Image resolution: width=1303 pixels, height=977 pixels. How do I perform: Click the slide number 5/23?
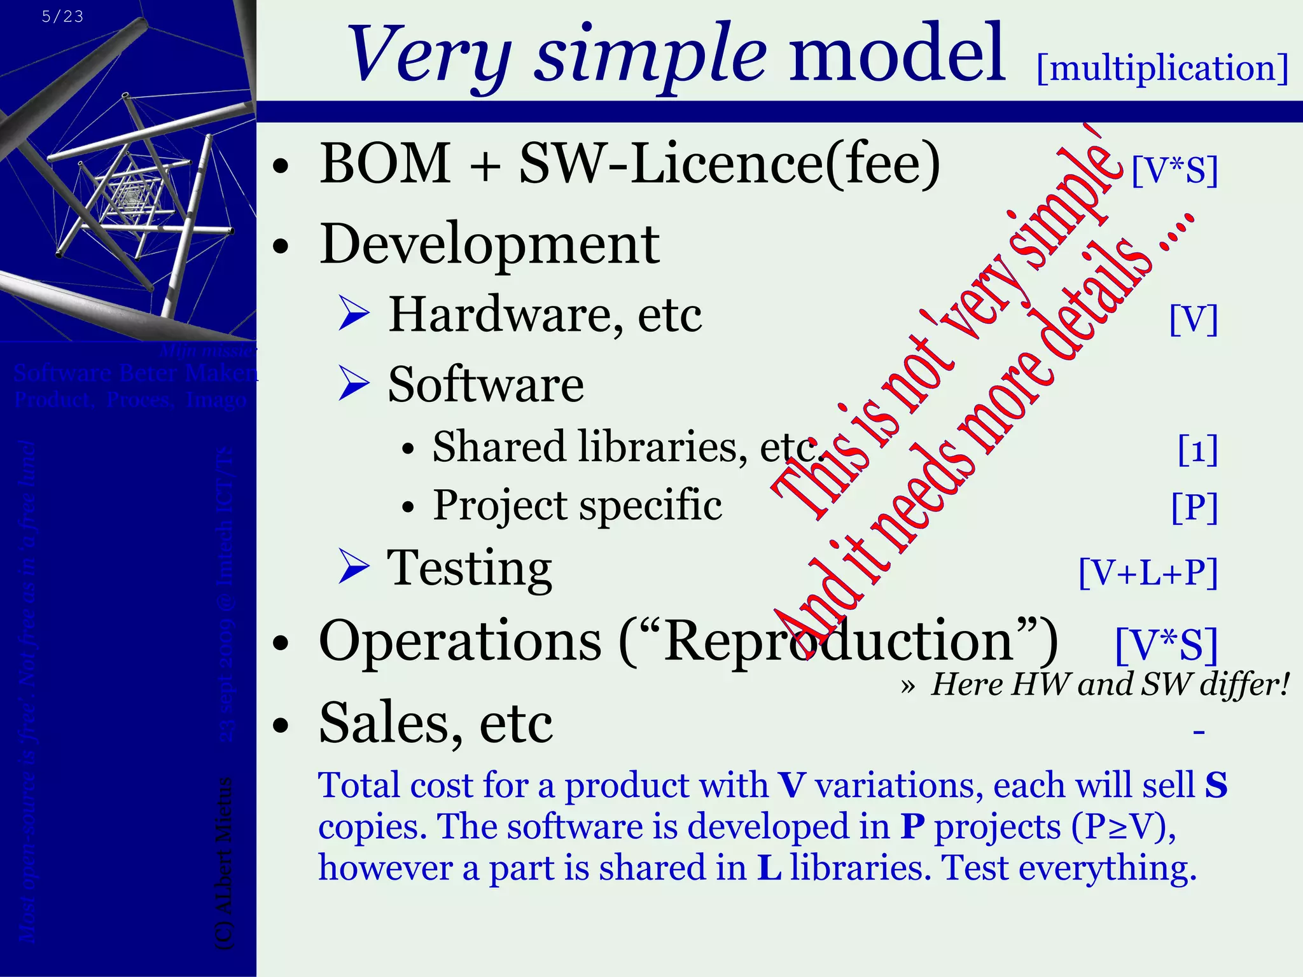(x=62, y=17)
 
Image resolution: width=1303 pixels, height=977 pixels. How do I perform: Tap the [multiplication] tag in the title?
(x=1162, y=69)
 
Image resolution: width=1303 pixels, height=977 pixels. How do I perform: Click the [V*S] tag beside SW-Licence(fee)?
(x=1174, y=170)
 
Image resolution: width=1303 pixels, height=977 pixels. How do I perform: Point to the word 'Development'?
(x=489, y=244)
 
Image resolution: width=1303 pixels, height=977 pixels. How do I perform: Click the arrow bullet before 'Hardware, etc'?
(x=354, y=314)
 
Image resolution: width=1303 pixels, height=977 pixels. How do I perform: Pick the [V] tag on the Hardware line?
(x=1194, y=319)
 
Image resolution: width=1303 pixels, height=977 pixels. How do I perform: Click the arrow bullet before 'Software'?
(x=354, y=384)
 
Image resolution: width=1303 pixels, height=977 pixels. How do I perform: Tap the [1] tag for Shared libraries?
(x=1197, y=450)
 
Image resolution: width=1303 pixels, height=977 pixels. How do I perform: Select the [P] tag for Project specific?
(x=1194, y=508)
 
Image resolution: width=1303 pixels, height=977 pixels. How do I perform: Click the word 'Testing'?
(x=470, y=568)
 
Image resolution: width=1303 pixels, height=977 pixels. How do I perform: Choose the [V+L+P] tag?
(x=1148, y=572)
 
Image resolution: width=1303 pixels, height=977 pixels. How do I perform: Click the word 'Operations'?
(x=460, y=641)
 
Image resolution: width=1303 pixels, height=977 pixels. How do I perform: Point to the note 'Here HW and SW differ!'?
(x=1110, y=685)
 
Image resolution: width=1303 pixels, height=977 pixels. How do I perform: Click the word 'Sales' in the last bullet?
(x=389, y=723)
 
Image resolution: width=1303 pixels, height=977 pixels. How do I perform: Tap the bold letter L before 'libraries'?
(x=769, y=868)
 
